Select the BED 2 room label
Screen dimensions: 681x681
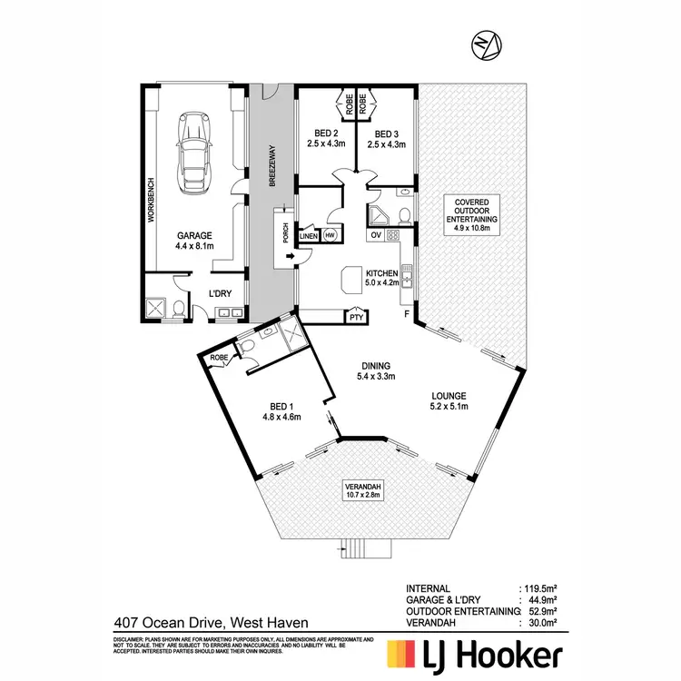tap(322, 136)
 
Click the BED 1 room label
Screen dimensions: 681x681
tap(281, 411)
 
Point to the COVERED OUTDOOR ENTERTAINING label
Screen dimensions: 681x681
tap(471, 214)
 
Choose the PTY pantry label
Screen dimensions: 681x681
tap(356, 317)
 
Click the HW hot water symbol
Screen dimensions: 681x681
tap(328, 234)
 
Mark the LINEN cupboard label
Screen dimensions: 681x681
tap(309, 235)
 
